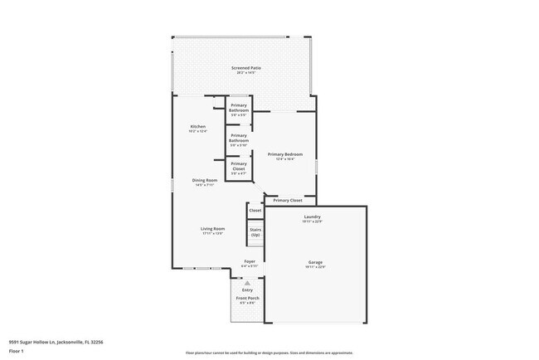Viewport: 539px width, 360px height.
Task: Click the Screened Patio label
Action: click(242, 67)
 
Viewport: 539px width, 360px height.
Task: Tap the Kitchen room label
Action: click(198, 127)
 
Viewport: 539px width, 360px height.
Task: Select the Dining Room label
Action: click(205, 180)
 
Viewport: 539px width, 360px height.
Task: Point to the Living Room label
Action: click(213, 229)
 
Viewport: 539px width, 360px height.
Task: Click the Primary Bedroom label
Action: click(284, 154)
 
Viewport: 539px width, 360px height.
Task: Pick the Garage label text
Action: click(314, 262)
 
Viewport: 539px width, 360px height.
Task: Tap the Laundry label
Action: click(313, 217)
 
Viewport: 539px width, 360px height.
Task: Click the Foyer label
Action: click(249, 261)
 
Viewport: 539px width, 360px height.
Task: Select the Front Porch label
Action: click(247, 298)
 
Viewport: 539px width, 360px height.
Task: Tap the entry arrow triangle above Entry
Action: click(247, 283)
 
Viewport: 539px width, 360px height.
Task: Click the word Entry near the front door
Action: click(247, 289)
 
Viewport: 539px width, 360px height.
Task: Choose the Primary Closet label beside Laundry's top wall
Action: click(288, 200)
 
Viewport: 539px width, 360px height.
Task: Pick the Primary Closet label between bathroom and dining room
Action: click(239, 164)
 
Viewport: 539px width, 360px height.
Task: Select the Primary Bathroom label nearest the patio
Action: click(239, 107)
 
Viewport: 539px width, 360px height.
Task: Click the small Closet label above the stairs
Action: click(255, 211)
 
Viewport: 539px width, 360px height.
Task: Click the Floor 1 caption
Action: click(17, 351)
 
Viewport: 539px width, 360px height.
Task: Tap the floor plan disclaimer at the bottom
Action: click(269, 352)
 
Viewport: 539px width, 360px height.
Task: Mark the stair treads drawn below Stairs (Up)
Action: click(255, 247)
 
